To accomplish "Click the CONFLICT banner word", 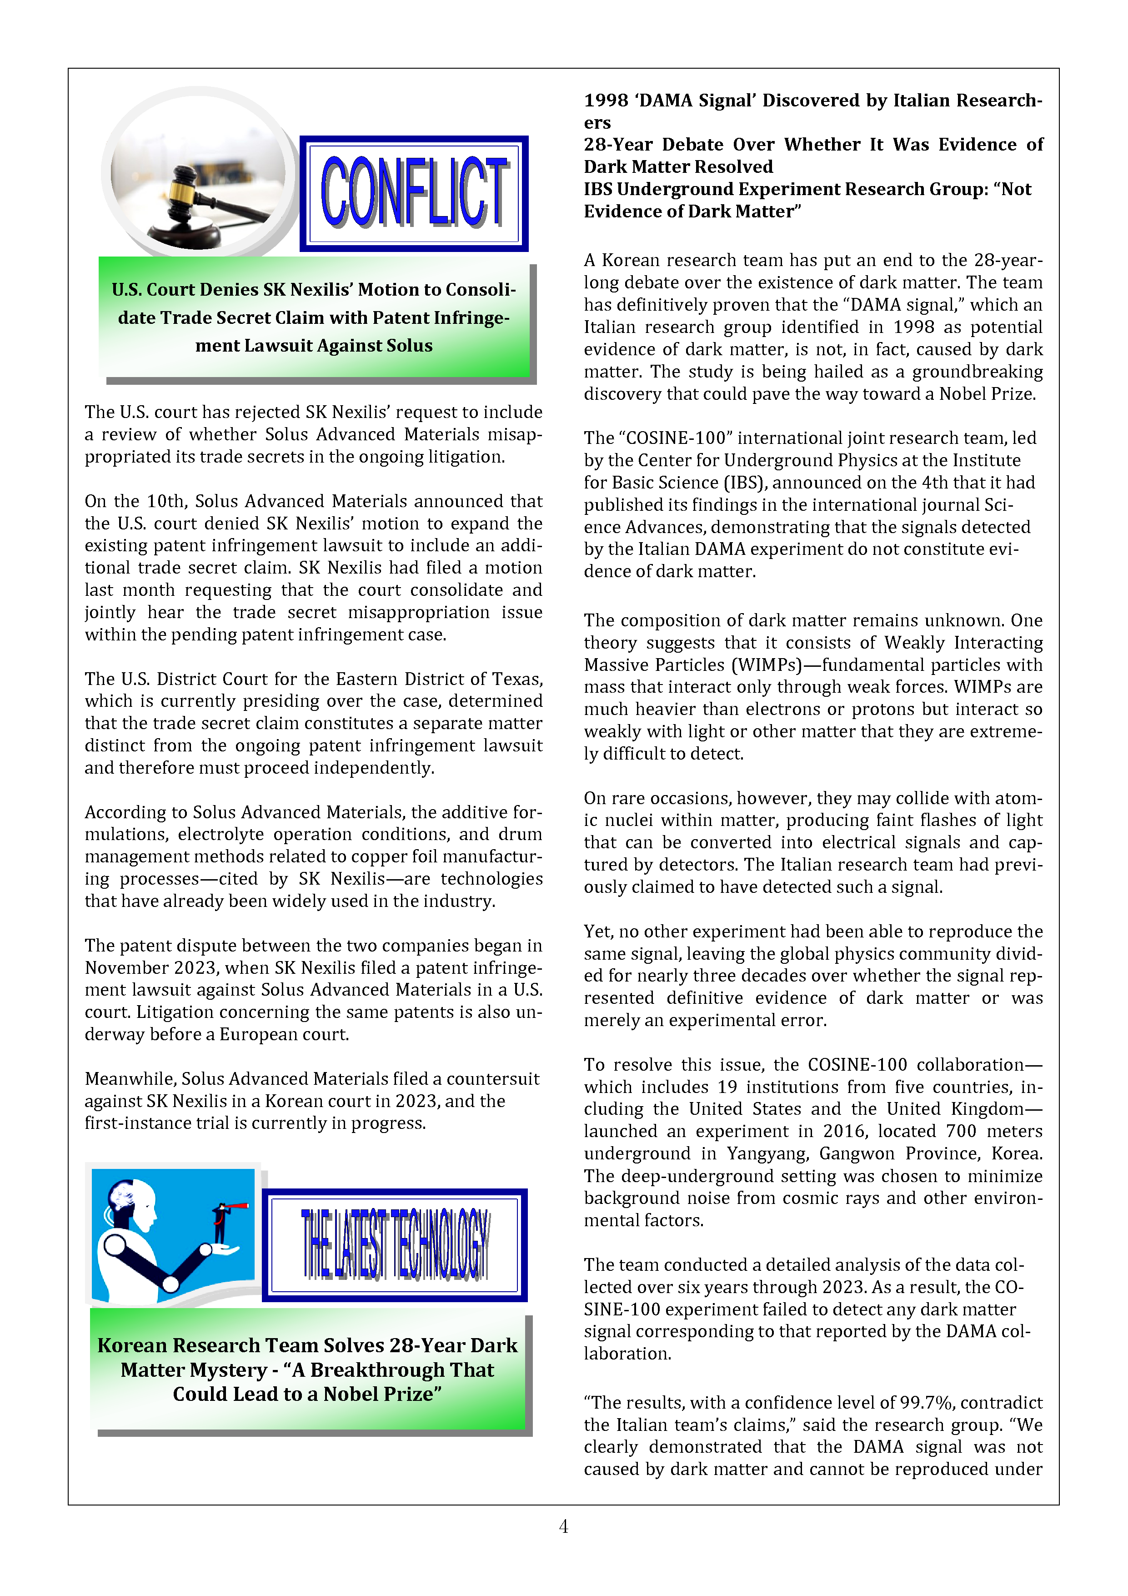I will pos(414,192).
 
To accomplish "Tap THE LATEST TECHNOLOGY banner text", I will pos(395,1244).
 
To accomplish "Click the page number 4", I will pos(564,1526).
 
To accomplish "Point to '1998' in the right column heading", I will pos(606,101).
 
